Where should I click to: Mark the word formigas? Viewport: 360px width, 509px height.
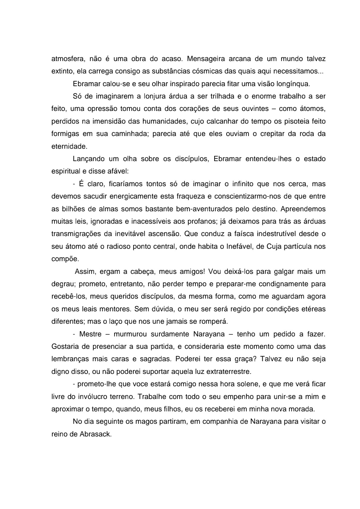click(x=64, y=134)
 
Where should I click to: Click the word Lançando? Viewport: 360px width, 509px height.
click(x=88, y=159)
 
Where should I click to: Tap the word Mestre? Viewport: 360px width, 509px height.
click(x=90, y=334)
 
